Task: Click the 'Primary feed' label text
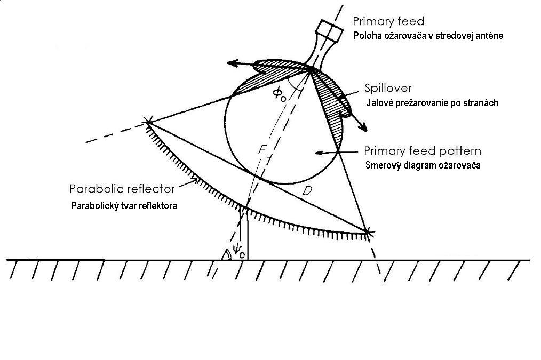[x=388, y=21]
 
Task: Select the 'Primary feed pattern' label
[x=422, y=151]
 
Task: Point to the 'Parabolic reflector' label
[x=122, y=189]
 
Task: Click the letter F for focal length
[x=261, y=150]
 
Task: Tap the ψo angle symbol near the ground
[x=238, y=251]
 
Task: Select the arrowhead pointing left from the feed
[x=231, y=63]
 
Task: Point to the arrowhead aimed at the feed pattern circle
[x=318, y=153]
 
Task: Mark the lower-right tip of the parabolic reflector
[x=367, y=232]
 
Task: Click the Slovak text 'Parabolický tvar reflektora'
[x=124, y=206]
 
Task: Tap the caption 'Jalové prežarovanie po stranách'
[x=432, y=103]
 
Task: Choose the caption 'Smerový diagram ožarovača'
[x=423, y=165]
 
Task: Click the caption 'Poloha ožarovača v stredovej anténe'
[x=428, y=36]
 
